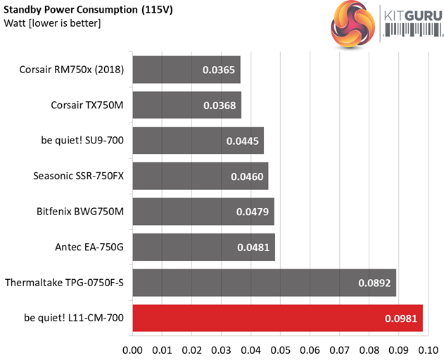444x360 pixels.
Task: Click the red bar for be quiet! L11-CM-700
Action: (x=277, y=319)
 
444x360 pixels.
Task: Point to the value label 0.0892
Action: (x=374, y=283)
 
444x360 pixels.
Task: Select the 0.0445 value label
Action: (x=241, y=141)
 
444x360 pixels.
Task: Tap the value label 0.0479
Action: (x=251, y=212)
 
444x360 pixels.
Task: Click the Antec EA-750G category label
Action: (x=89, y=247)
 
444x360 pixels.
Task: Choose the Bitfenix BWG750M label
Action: (x=80, y=211)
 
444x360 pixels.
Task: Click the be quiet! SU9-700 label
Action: (x=82, y=141)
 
